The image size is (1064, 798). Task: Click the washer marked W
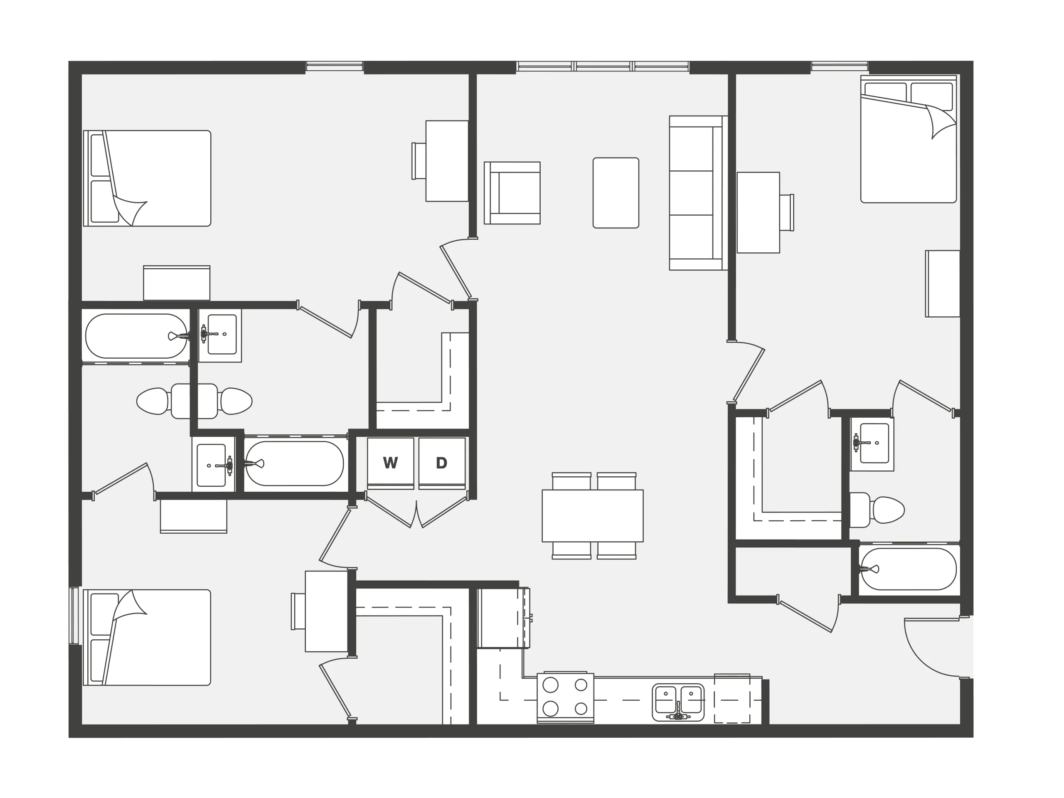[x=391, y=463]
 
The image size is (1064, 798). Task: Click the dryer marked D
[x=441, y=463]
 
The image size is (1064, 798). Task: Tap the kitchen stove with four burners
[x=565, y=697]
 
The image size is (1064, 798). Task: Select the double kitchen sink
[x=678, y=702]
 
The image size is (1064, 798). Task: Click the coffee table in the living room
[x=616, y=193]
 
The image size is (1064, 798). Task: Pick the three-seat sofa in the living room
[x=698, y=193]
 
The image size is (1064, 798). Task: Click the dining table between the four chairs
[x=593, y=516]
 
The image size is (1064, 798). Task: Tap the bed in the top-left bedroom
[x=147, y=178]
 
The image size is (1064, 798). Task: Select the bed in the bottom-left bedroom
[x=147, y=637]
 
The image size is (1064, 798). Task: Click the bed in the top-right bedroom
[x=908, y=139]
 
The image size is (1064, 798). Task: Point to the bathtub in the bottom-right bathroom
[x=909, y=569]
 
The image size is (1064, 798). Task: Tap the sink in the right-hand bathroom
[x=872, y=443]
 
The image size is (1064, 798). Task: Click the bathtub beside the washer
[x=294, y=464]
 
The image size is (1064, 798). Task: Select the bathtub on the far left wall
[x=136, y=336]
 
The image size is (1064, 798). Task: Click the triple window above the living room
[x=603, y=66]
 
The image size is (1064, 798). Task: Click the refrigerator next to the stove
[x=504, y=618]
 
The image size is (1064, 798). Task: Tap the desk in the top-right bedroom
[x=759, y=213]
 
